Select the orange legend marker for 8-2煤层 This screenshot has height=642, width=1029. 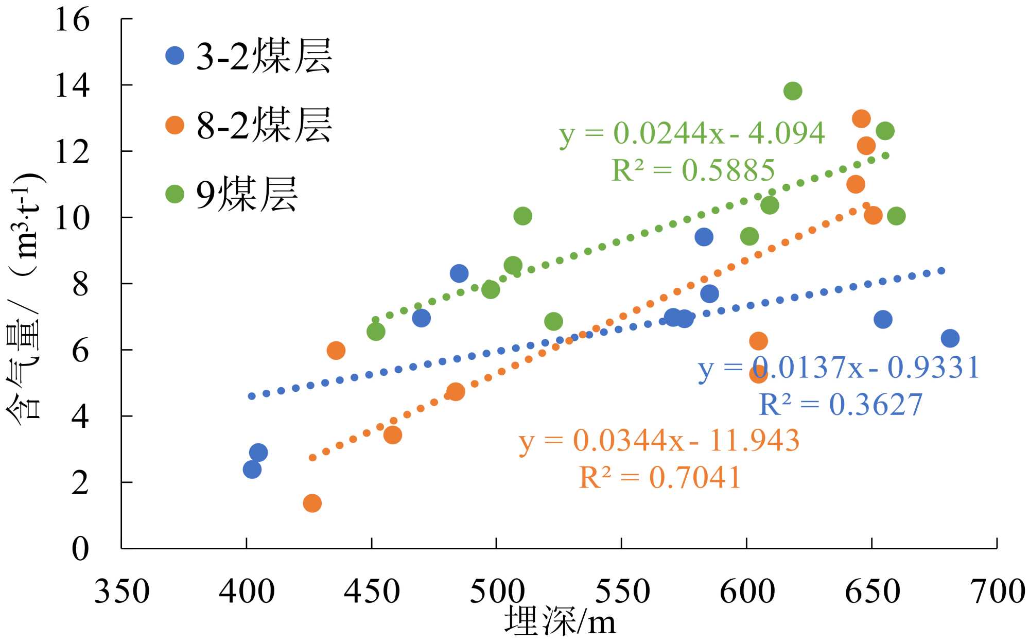pos(175,125)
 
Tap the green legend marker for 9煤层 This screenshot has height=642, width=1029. pos(175,194)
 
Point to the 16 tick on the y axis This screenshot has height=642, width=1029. pos(73,20)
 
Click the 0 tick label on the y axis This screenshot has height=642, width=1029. pos(80,549)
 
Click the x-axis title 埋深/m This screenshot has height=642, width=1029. pos(560,622)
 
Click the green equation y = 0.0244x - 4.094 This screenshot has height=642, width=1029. pos(692,133)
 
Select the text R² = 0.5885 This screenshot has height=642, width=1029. pos(693,170)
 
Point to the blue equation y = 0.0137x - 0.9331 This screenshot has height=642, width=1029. pos(839,368)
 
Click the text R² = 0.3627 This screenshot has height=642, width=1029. pos(841,405)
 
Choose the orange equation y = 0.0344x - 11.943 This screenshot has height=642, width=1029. pos(659,441)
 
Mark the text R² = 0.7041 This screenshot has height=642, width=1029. pos(660,477)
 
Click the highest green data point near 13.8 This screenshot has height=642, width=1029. pos(793,91)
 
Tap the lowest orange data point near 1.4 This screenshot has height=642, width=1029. pos(312,503)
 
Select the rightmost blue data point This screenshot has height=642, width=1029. pos(950,338)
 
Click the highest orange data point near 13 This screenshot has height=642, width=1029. pos(861,119)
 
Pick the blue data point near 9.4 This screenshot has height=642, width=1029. pos(704,237)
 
